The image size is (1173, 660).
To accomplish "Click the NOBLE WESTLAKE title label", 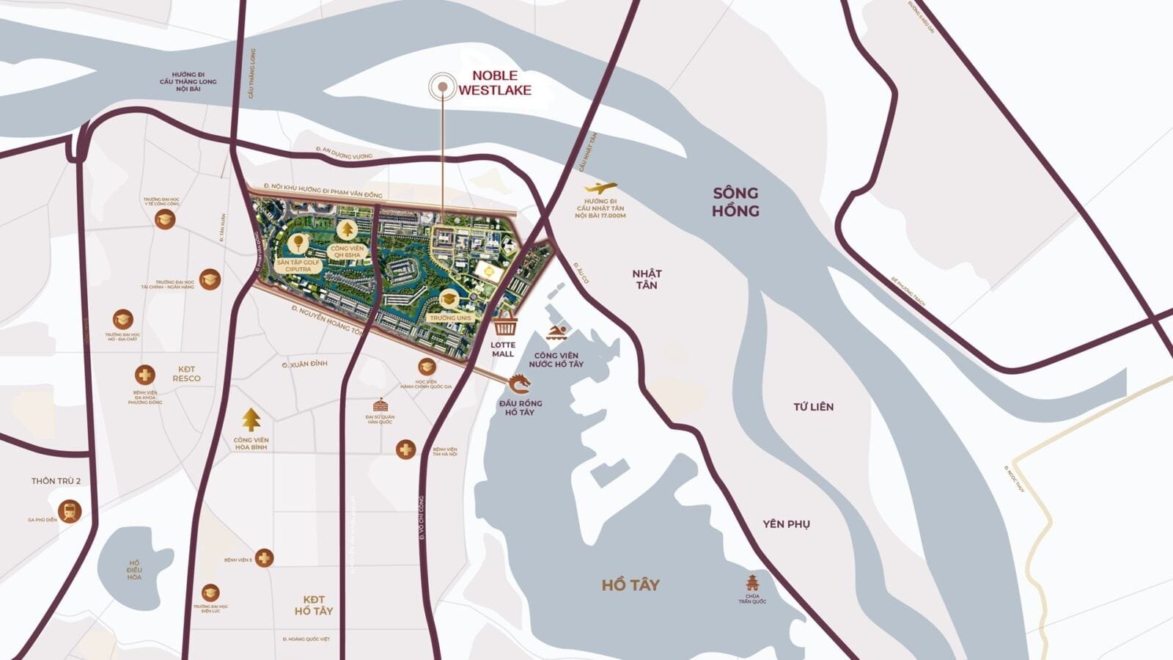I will point(495,82).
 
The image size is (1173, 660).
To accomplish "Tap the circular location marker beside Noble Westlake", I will point(443,87).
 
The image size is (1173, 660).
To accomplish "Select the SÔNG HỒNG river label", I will point(735,202).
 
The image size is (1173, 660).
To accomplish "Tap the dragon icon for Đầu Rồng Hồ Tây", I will point(519,384).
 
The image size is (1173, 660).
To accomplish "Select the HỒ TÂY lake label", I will point(630,584).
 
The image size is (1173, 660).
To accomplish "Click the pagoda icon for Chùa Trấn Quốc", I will point(752,583).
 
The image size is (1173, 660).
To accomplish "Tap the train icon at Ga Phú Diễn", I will point(70,510).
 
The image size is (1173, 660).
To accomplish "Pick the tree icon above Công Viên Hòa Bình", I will point(251,420).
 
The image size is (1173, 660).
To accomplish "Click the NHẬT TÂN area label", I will point(647,279).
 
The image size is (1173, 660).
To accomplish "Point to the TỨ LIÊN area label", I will point(813,406).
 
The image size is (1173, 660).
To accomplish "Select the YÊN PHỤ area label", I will point(786,524).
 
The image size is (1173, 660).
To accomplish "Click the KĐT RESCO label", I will point(186,374).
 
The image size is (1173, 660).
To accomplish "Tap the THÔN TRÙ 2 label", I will point(56,481).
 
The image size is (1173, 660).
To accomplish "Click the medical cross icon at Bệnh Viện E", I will point(264,558).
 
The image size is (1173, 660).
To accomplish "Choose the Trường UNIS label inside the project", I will point(450,318).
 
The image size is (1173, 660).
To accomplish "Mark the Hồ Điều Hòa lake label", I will point(134,570).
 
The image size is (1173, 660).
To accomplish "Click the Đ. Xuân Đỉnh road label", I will point(304,364).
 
